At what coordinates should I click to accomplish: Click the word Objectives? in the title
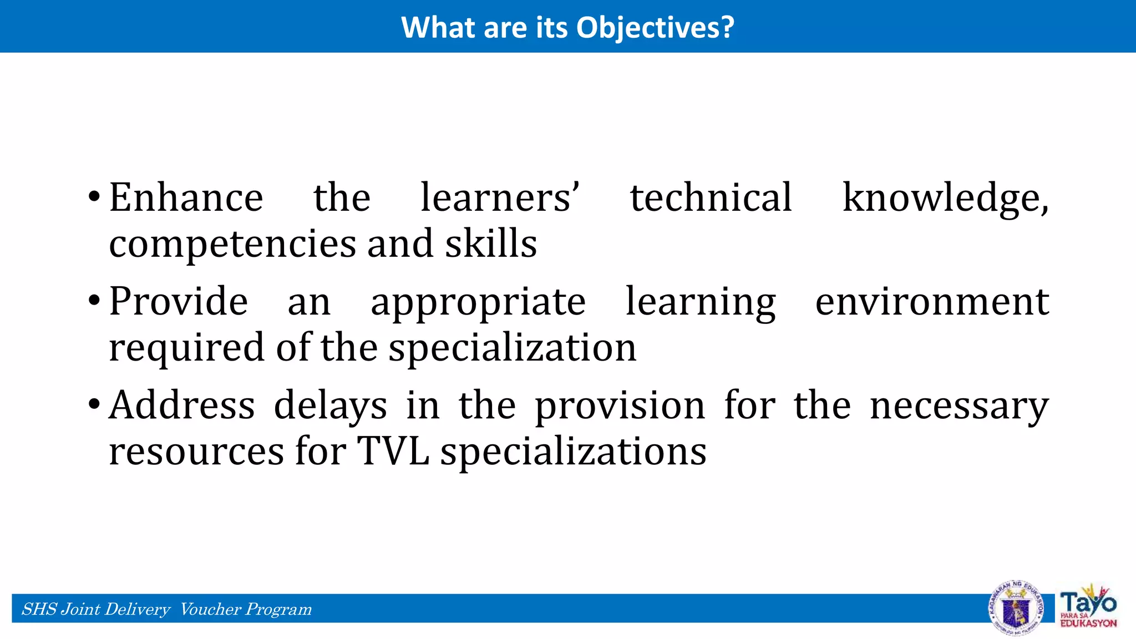[x=655, y=28]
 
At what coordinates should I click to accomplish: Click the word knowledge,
[x=945, y=199]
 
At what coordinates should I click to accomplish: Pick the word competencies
[x=232, y=244]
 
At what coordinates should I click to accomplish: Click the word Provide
[x=178, y=302]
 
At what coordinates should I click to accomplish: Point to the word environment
[x=932, y=302]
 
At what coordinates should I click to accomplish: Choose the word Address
[x=182, y=405]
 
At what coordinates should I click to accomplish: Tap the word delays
[x=331, y=406]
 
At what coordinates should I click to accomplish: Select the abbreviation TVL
[x=393, y=451]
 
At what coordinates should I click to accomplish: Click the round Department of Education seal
[x=1016, y=608]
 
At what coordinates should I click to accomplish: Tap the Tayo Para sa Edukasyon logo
[x=1088, y=607]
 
